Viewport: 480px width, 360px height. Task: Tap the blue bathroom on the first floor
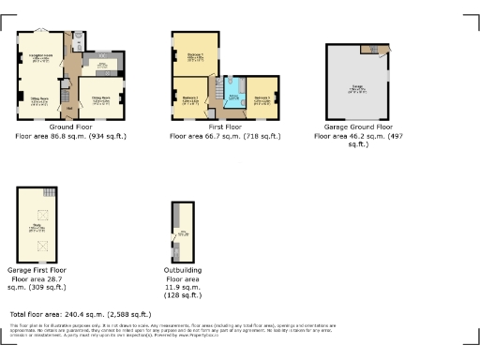tap(232, 97)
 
